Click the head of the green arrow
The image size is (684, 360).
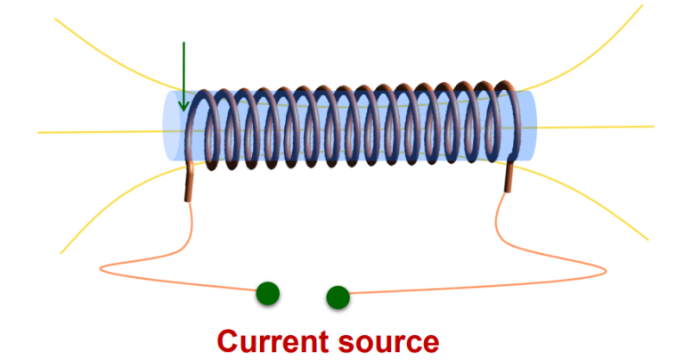[183, 106]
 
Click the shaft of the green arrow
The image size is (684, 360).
[183, 71]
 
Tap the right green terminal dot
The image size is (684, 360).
[338, 297]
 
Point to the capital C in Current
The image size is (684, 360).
[228, 340]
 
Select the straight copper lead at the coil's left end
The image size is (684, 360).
[189, 183]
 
